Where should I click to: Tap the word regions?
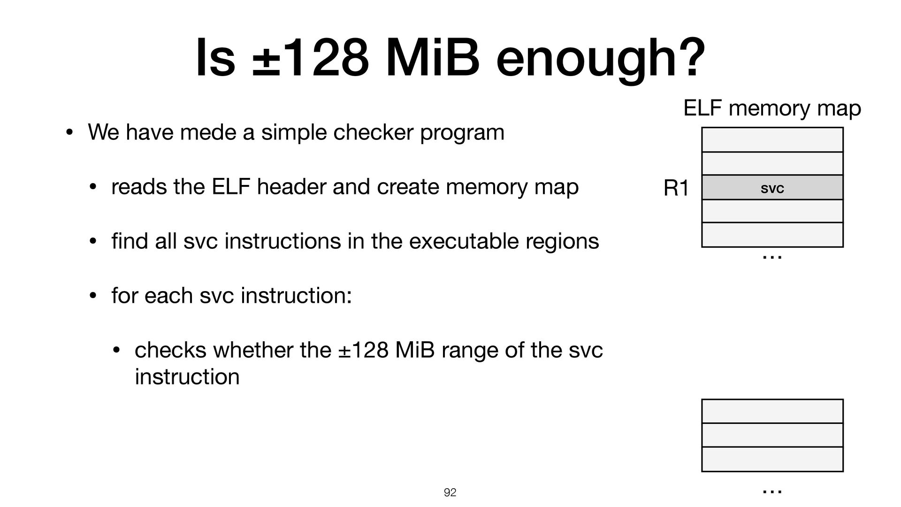(x=569, y=241)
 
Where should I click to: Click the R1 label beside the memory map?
(x=676, y=189)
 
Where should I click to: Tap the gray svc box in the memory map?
(x=772, y=188)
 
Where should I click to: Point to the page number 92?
(x=450, y=492)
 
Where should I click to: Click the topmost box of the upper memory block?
(x=772, y=139)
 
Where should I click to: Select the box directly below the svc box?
(x=772, y=211)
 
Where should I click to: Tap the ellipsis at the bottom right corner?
(x=772, y=491)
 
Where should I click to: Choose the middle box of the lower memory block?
(x=772, y=435)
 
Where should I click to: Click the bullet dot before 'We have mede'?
(x=69, y=133)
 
